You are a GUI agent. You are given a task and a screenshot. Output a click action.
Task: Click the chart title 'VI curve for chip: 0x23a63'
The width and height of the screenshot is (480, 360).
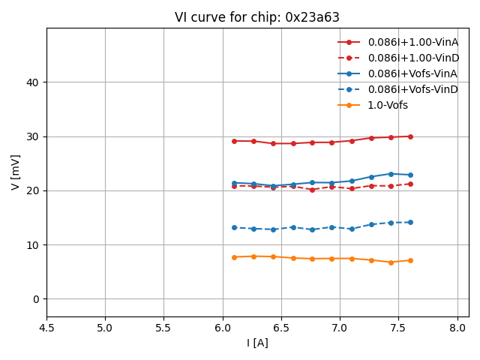(x=257, y=17)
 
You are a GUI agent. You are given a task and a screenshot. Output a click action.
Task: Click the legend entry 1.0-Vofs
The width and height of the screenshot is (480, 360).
(x=388, y=105)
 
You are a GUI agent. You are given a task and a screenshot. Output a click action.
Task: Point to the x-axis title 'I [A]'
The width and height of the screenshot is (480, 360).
(x=257, y=343)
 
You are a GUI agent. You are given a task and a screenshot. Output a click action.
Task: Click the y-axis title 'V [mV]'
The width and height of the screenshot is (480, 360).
(x=16, y=172)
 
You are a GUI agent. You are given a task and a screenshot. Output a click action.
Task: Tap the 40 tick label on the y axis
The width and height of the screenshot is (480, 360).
(x=33, y=82)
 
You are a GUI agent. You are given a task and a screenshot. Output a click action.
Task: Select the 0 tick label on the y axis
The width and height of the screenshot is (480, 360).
(x=36, y=299)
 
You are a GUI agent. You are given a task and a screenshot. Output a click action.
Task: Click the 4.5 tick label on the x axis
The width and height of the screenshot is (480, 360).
(x=46, y=328)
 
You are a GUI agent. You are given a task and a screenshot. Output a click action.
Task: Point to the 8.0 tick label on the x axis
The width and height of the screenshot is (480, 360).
(x=457, y=328)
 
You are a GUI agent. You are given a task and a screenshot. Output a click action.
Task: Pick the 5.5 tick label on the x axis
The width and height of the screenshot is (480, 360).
(x=163, y=328)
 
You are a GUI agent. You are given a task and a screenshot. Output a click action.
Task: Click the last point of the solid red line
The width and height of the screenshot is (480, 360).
(x=410, y=136)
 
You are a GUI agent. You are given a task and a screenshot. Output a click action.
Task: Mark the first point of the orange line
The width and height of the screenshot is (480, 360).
(x=234, y=257)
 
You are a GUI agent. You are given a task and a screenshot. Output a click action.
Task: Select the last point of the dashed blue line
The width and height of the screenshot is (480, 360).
(x=410, y=222)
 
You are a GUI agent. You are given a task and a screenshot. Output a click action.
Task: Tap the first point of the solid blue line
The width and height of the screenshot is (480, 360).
(x=234, y=183)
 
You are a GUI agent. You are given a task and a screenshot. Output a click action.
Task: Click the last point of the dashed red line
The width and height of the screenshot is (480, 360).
(x=410, y=184)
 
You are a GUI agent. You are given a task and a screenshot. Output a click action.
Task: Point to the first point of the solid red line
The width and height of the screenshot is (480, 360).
(x=234, y=141)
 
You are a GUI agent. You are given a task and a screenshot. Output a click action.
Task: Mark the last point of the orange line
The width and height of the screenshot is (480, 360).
(x=410, y=260)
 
